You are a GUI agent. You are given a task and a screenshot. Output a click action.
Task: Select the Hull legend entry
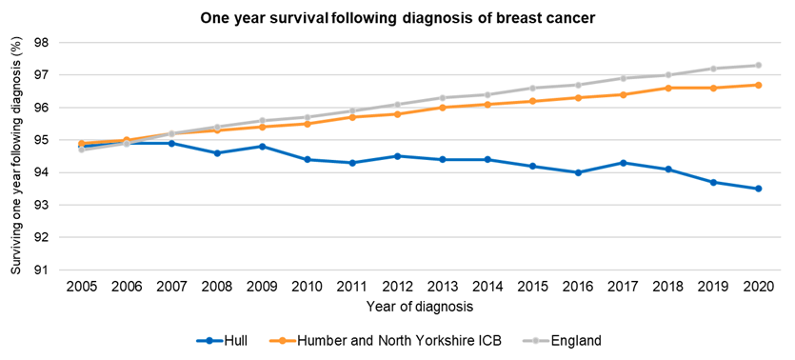pos(229,340)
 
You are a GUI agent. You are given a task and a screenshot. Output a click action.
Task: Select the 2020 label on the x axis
pos(759,286)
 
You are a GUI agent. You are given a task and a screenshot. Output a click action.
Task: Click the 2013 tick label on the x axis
pos(442,286)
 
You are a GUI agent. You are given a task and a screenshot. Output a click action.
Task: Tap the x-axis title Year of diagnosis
pos(419,307)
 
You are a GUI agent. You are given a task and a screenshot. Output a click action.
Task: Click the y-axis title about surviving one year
pos(14,157)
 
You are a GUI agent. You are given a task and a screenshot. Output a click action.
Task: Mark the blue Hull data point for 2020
pos(759,189)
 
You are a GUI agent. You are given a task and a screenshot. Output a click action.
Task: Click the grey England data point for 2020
pos(759,66)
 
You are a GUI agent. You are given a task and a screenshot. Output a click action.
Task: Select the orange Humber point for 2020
pos(759,85)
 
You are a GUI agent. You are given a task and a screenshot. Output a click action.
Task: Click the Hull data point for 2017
pos(623,163)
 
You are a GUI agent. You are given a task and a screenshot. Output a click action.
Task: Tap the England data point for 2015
pos(532,88)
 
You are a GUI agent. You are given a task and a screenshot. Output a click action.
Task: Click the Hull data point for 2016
pos(578,172)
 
